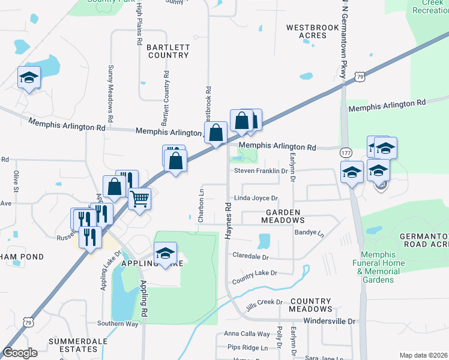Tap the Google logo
point(20,353)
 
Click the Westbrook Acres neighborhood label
point(306,31)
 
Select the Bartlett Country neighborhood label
point(168,51)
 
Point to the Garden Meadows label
point(283,216)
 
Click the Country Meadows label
point(310,305)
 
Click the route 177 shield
point(346,152)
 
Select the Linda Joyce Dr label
point(256,198)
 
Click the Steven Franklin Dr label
point(261,171)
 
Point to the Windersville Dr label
point(330,321)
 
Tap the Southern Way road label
point(118,324)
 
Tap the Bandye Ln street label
point(309,232)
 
